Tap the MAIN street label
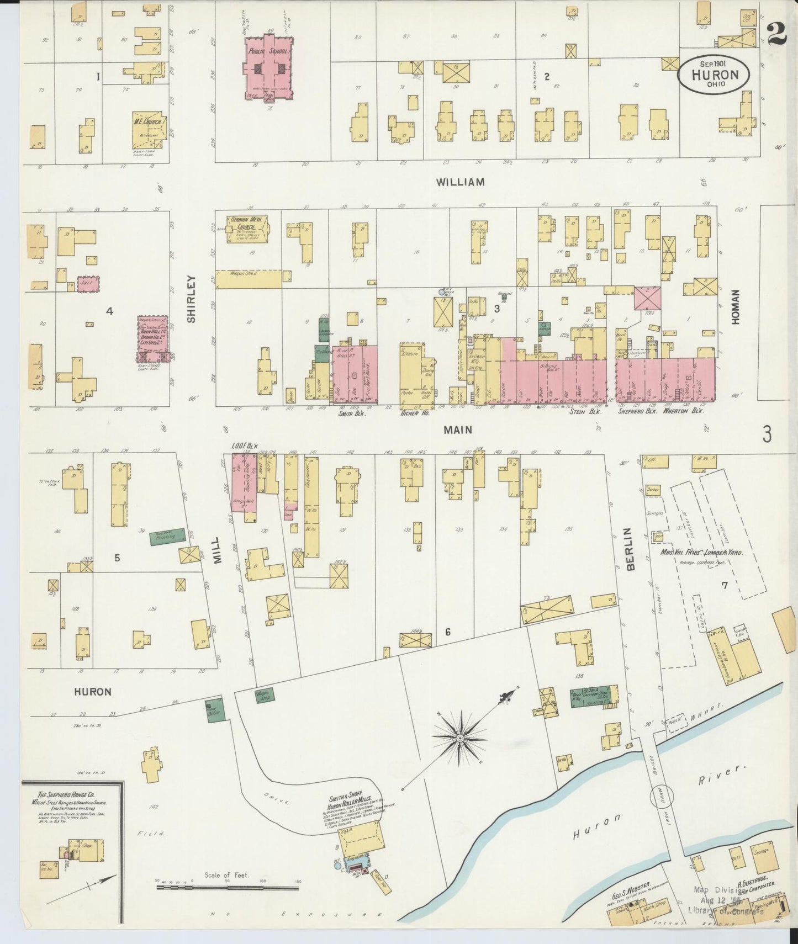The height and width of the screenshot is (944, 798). click(x=458, y=429)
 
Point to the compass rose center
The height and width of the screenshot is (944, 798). click(x=459, y=738)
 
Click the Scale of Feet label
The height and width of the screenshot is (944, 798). click(x=226, y=875)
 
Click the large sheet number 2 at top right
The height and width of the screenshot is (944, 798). click(x=777, y=34)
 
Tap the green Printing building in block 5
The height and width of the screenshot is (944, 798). click(x=167, y=536)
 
